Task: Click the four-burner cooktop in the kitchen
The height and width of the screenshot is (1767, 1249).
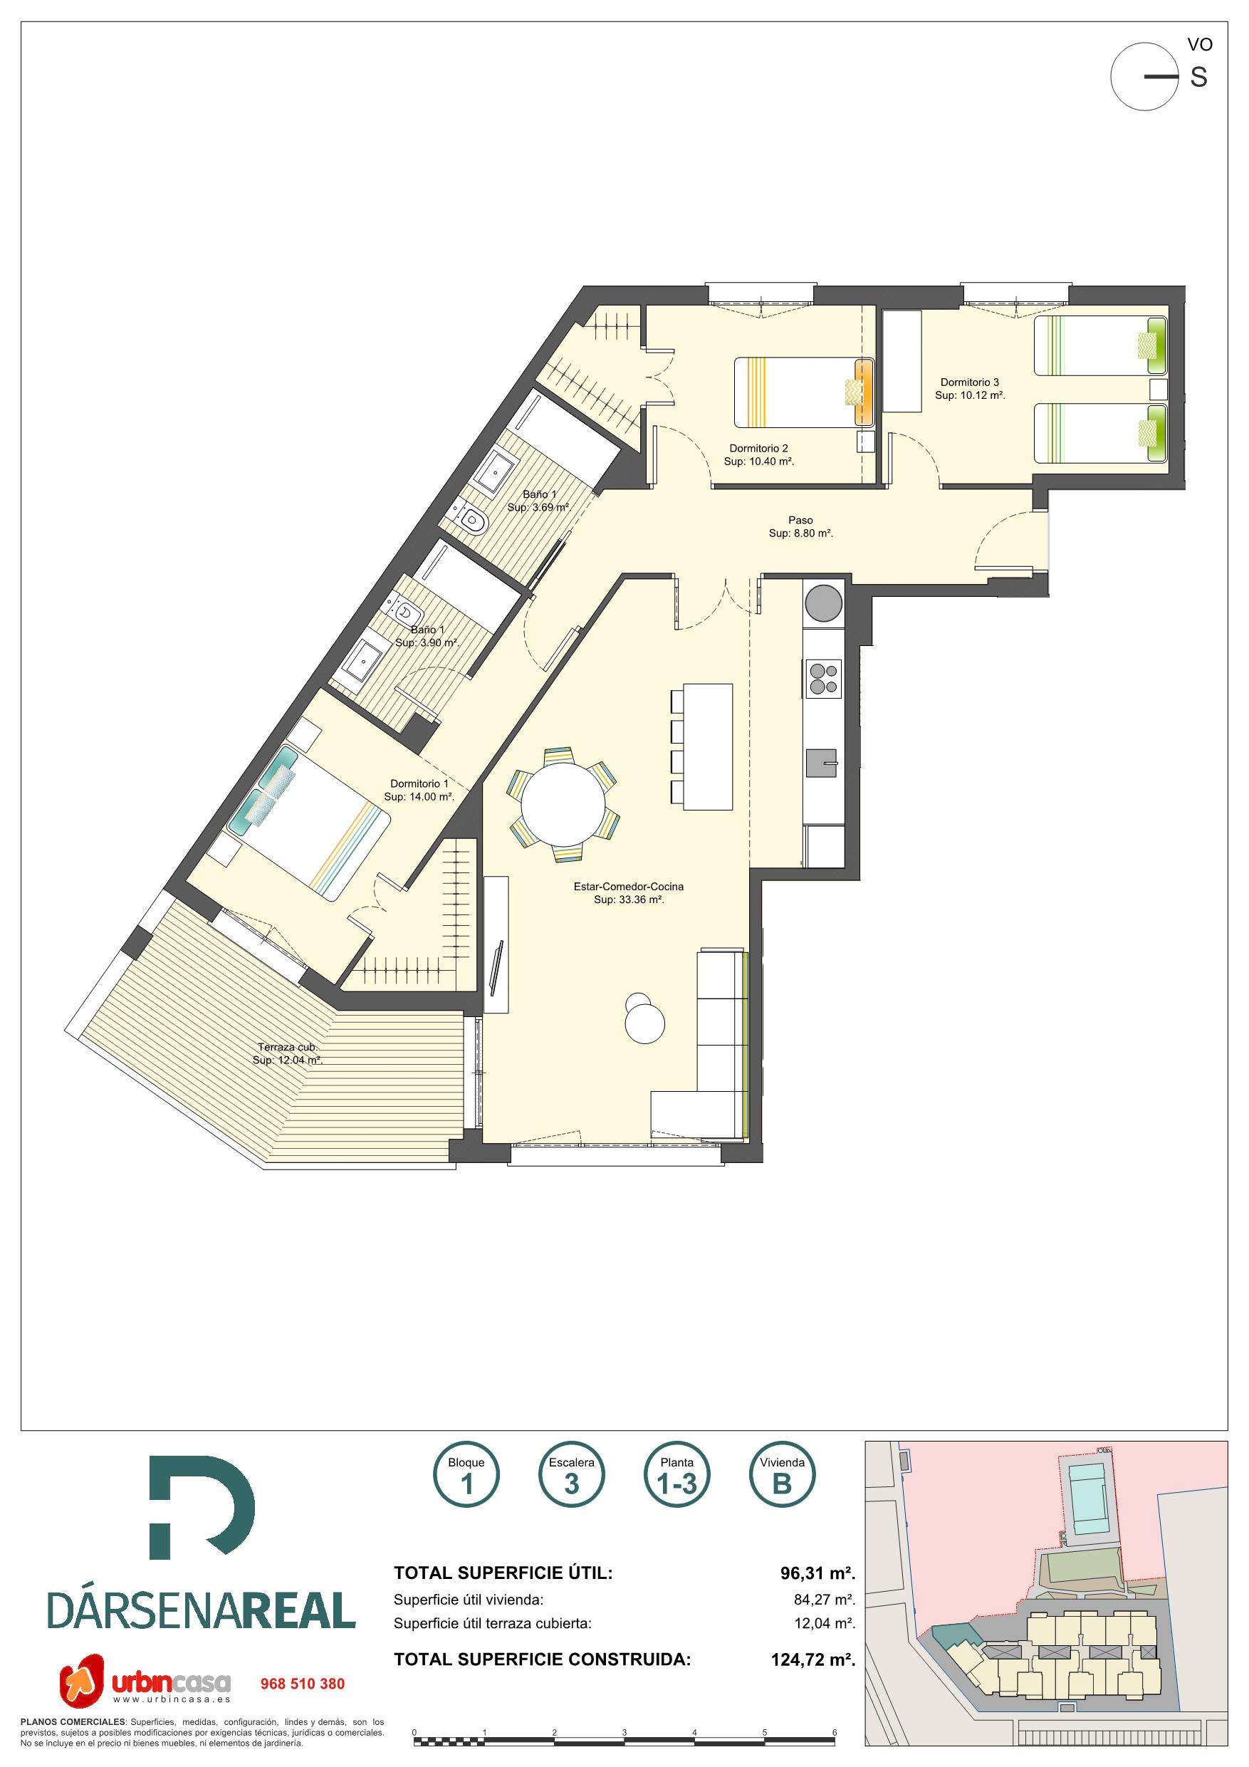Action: tap(822, 679)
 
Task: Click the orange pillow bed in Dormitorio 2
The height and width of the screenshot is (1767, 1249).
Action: tap(804, 392)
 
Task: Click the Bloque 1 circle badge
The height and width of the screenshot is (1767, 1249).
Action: tap(466, 1477)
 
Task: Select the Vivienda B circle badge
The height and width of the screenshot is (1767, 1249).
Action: tap(782, 1477)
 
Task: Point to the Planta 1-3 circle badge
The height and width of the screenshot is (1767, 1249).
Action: tap(676, 1477)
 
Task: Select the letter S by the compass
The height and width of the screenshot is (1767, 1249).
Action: tap(1198, 77)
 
